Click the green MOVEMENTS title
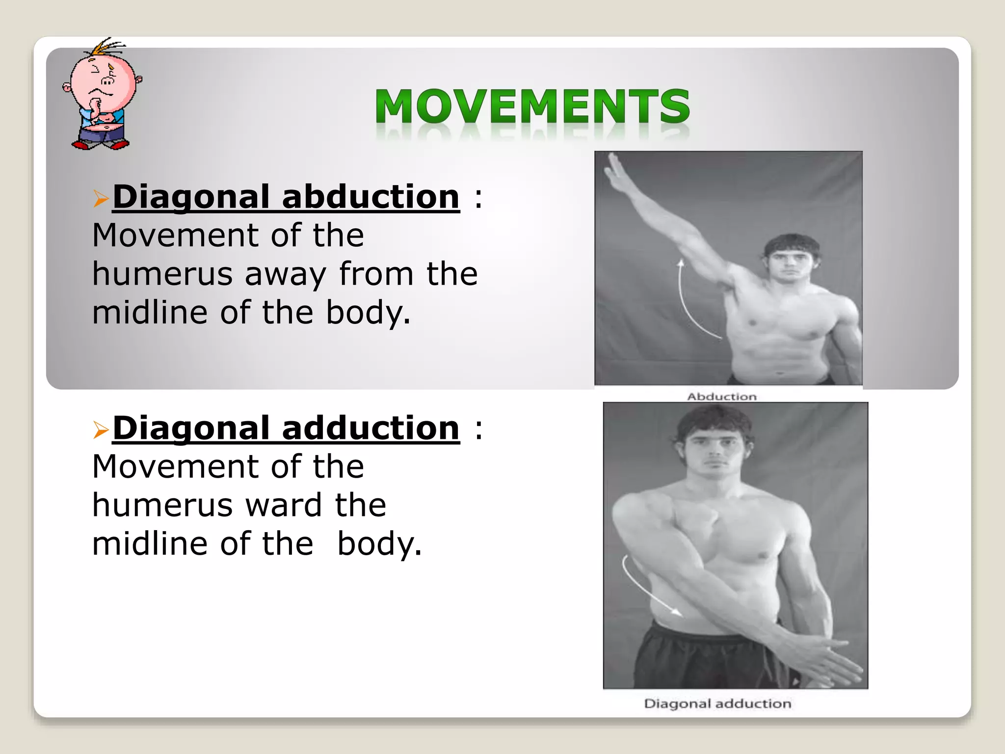[x=532, y=107]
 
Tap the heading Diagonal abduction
[x=286, y=197]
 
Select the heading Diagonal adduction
[x=286, y=429]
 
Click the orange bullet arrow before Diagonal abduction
[x=101, y=199]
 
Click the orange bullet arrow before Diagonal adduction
[x=101, y=430]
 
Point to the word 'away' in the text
[x=285, y=274]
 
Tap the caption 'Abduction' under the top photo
[x=721, y=397]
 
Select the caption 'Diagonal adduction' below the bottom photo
[x=717, y=704]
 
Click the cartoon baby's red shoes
[x=101, y=145]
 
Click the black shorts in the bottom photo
[x=697, y=658]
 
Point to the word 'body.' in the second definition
[x=379, y=544]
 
